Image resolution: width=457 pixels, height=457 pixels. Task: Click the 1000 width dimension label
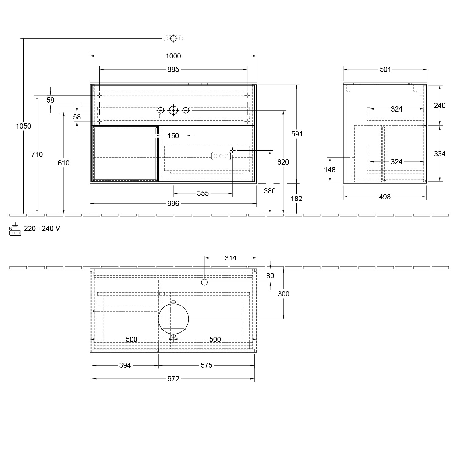coord(173,56)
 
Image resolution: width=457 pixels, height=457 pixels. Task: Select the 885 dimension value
coord(173,69)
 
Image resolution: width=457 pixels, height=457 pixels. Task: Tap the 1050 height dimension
coord(23,126)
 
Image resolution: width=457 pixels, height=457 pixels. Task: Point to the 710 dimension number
coord(37,154)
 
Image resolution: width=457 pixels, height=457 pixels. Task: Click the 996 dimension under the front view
coord(173,204)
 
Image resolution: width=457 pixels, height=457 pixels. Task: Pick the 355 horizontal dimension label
coord(203,193)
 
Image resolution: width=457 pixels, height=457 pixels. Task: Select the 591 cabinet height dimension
coord(297,134)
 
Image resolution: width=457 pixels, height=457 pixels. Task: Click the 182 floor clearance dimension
coord(296,199)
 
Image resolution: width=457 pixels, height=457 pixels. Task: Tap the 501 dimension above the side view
coord(385,69)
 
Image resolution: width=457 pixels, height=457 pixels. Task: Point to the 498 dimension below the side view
coord(384,197)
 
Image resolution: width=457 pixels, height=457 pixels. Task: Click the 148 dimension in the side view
coord(330,170)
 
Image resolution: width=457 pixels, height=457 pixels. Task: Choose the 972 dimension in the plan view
coord(173,379)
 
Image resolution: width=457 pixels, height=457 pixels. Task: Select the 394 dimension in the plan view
coord(125,365)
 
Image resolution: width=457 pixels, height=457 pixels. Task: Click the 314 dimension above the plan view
coord(230,258)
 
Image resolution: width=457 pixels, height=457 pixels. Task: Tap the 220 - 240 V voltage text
coord(42,228)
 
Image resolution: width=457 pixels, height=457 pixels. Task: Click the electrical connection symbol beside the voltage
coord(15,231)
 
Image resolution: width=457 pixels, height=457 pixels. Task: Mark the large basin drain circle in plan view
coord(173,319)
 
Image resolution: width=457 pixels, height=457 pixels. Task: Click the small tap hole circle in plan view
coord(204,282)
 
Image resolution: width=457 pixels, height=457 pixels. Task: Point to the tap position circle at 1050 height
coord(173,38)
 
